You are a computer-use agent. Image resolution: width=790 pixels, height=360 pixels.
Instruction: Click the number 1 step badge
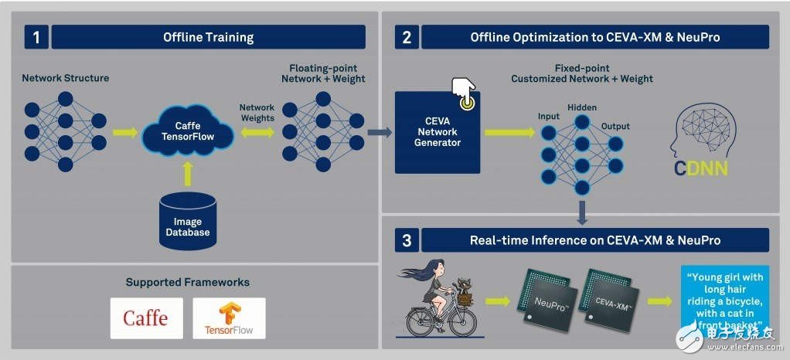36,37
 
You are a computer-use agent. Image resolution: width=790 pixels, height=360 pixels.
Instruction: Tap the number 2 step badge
407,37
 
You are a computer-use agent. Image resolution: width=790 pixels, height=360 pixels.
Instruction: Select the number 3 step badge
407,240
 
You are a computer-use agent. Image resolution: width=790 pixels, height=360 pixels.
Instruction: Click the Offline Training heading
208,37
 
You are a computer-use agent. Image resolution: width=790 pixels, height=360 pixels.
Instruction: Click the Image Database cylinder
188,219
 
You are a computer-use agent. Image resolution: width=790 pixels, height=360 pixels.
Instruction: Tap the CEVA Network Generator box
438,132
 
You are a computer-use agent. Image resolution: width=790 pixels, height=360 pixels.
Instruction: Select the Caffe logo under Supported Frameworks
146,318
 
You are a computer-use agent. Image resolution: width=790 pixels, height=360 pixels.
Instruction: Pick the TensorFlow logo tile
229,318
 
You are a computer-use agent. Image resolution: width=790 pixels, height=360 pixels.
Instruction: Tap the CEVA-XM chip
614,297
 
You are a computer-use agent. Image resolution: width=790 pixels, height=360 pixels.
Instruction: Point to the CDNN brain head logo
700,140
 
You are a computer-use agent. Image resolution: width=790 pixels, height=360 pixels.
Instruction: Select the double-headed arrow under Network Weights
257,132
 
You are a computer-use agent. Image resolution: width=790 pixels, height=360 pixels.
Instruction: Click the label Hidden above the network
581,107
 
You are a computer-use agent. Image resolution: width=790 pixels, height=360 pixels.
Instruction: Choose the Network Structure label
65,78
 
